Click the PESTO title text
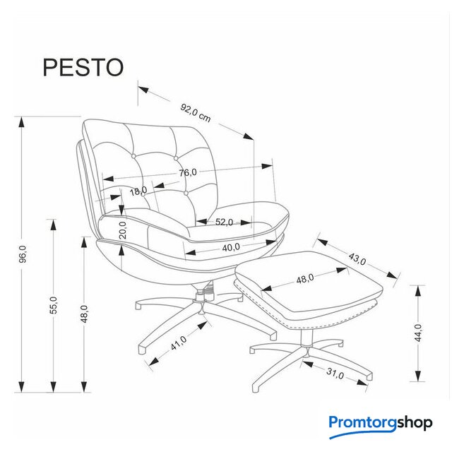(83, 68)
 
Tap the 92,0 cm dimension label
(196, 113)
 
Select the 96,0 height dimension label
(23, 254)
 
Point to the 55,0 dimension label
(54, 305)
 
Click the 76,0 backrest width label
(188, 172)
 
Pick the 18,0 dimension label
(138, 191)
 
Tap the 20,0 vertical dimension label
(122, 230)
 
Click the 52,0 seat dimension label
(224, 222)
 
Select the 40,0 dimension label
(231, 246)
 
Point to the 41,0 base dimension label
(179, 343)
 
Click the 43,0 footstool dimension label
(357, 258)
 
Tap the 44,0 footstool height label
(418, 333)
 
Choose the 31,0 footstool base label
(335, 374)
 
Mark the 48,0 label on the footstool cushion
(305, 278)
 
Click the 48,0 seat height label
(85, 314)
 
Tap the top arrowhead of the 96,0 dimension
(21, 122)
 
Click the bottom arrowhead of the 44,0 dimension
(418, 376)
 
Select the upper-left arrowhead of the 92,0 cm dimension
(143, 89)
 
